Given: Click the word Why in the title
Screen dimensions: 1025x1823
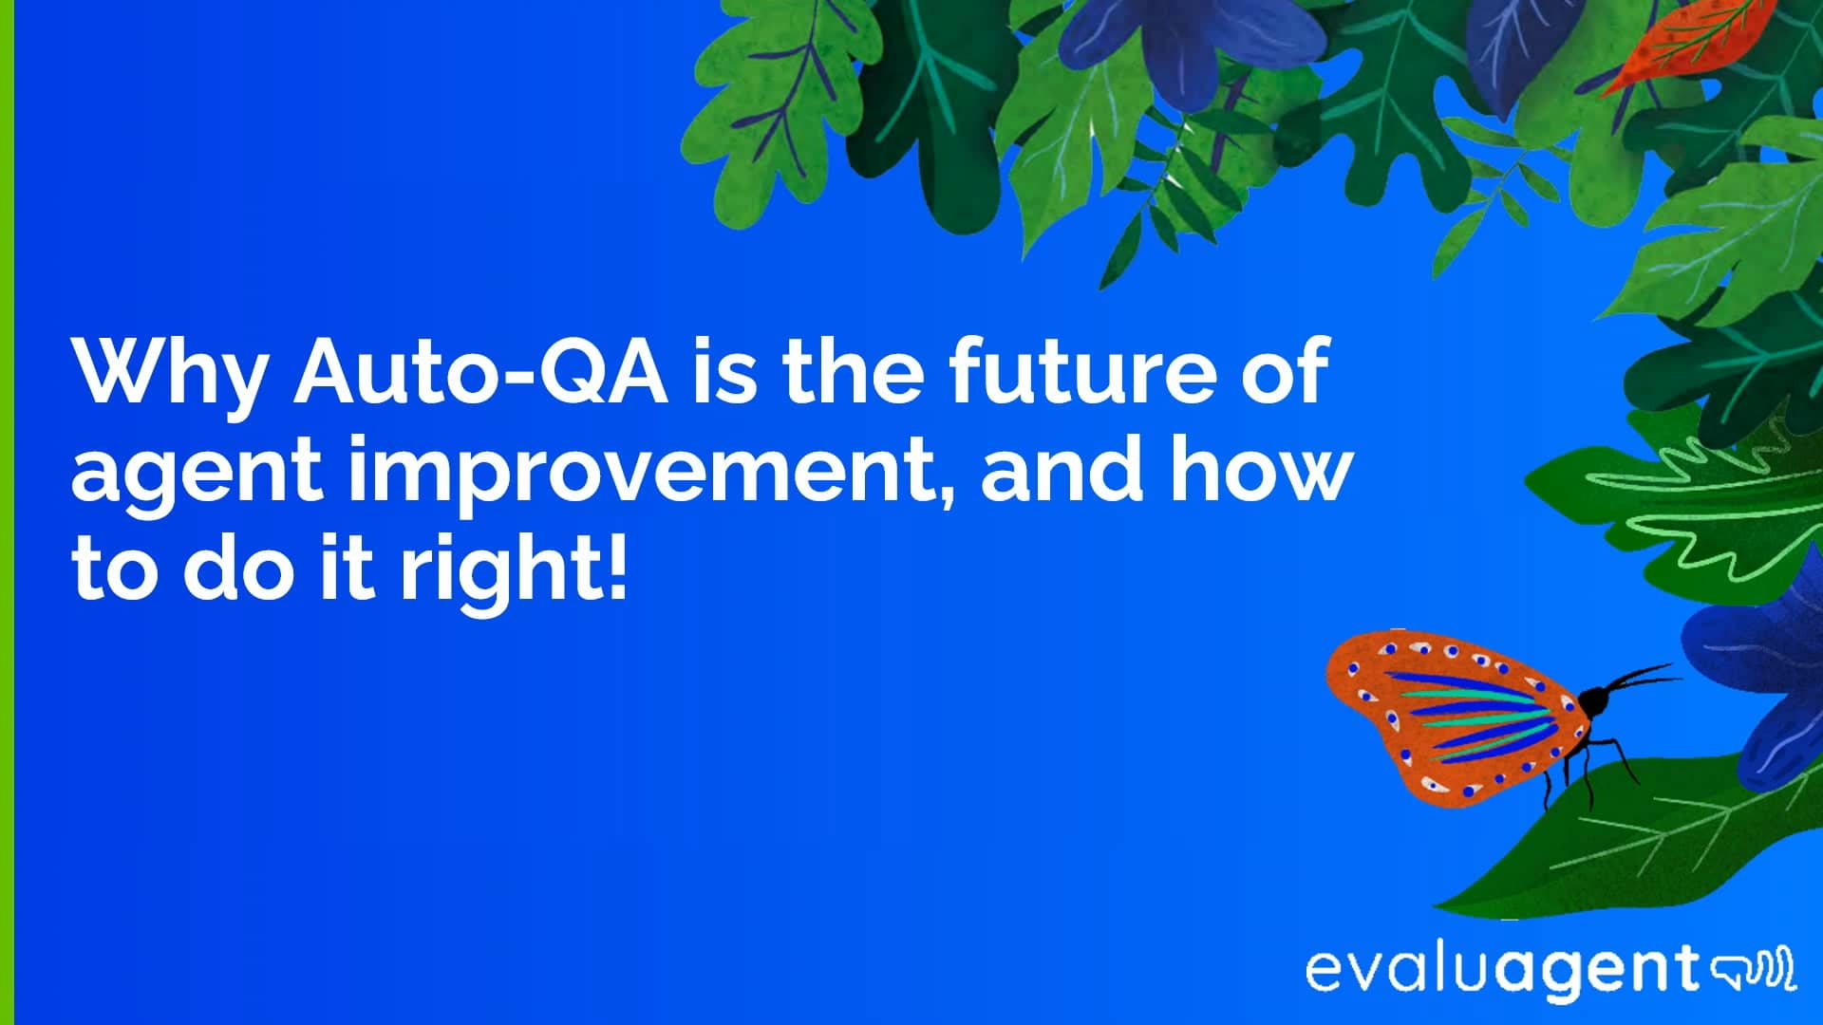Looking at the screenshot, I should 169,372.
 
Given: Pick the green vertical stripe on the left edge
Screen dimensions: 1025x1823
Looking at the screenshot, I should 7,512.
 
